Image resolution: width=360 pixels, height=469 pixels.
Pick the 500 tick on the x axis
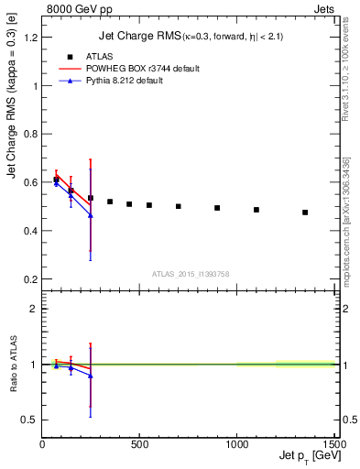pyautogui.click(x=139, y=445)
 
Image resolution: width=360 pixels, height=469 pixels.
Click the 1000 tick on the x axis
pyautogui.click(x=236, y=445)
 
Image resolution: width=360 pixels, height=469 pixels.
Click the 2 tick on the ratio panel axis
pyautogui.click(x=33, y=309)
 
